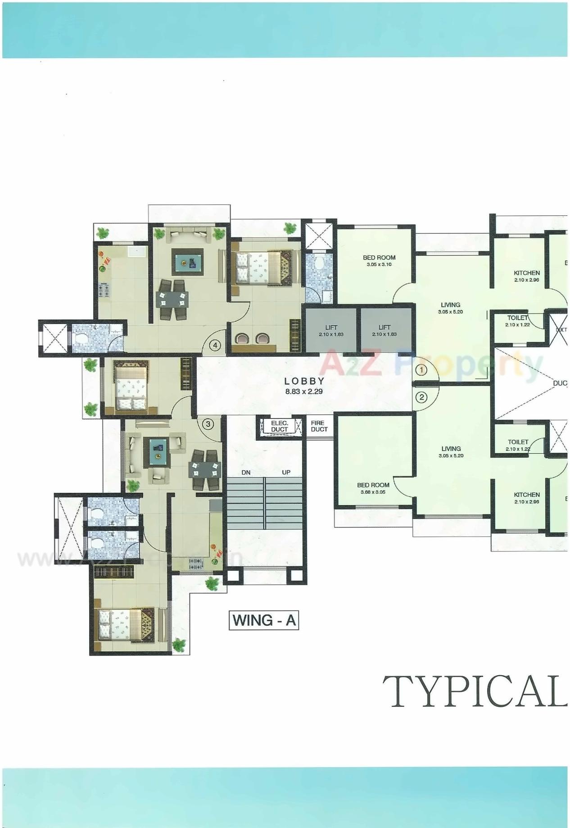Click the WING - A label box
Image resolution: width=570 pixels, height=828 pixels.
pyautogui.click(x=264, y=620)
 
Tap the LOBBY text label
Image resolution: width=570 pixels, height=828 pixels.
pyautogui.click(x=305, y=381)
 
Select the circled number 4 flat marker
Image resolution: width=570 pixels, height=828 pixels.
pyautogui.click(x=216, y=346)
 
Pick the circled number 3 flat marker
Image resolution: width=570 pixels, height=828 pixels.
pyautogui.click(x=208, y=424)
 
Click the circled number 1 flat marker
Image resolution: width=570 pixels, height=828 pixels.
pyautogui.click(x=421, y=370)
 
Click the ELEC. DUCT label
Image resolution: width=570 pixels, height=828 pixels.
pyautogui.click(x=279, y=426)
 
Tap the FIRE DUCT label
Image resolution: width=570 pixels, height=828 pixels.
pyautogui.click(x=319, y=426)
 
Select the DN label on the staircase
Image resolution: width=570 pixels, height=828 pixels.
pyautogui.click(x=246, y=473)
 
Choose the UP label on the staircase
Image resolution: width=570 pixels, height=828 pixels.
pyautogui.click(x=286, y=473)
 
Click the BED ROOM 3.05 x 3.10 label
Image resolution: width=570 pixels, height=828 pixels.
pyautogui.click(x=379, y=261)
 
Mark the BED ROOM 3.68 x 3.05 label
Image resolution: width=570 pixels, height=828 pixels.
pyautogui.click(x=373, y=488)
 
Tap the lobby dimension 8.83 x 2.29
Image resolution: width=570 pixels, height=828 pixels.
pyautogui.click(x=304, y=391)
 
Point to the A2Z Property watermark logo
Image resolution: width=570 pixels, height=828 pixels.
pyautogui.click(x=432, y=363)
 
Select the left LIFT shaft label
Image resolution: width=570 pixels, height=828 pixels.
pyautogui.click(x=331, y=331)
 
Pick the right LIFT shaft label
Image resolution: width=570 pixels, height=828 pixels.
pyautogui.click(x=384, y=331)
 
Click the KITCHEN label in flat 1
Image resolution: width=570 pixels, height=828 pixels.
pyautogui.click(x=527, y=276)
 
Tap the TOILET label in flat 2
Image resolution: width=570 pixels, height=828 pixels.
pyautogui.click(x=518, y=445)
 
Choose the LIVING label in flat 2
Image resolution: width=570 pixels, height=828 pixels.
pyautogui.click(x=451, y=451)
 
